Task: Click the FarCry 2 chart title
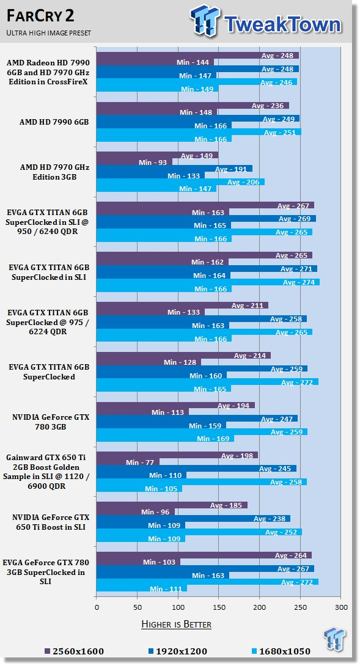pos(40,15)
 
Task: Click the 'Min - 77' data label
pos(139,462)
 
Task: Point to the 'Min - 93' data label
pos(153,163)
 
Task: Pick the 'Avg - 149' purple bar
pos(157,155)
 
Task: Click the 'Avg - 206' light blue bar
pos(181,182)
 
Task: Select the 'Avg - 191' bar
pos(174,169)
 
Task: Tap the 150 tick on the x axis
pos(219,607)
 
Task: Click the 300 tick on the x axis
pos(341,607)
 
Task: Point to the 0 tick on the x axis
pos(97,607)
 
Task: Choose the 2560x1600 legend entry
pos(74,651)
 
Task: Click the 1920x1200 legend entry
pos(177,651)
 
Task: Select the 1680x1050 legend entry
pos(281,651)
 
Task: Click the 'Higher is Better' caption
pos(176,624)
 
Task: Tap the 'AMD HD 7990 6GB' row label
pos(54,122)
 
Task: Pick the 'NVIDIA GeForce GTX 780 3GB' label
pos(51,422)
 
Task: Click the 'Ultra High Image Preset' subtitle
pos(48,33)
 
